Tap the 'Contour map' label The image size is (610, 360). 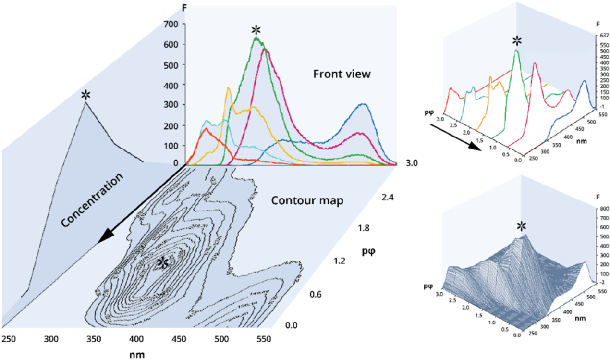(x=307, y=200)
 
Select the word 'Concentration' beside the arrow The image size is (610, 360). (x=91, y=200)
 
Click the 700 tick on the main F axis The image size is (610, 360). (x=171, y=24)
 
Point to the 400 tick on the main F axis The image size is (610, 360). (x=171, y=85)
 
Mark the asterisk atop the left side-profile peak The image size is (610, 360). (x=86, y=94)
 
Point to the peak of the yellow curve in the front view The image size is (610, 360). (x=229, y=87)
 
